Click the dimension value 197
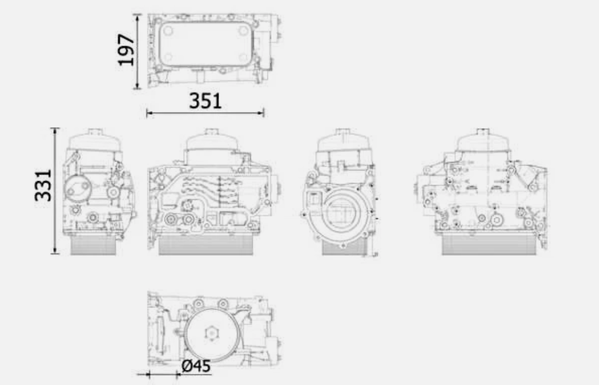pyautogui.click(x=126, y=50)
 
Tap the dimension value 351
pyautogui.click(x=205, y=101)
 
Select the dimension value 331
pyautogui.click(x=43, y=185)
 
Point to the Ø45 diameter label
pyautogui.click(x=196, y=366)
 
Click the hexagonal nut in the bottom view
pyautogui.click(x=210, y=333)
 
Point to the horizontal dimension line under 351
pyautogui.click(x=205, y=113)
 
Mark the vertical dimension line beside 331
pyautogui.click(x=55, y=191)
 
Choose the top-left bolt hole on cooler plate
pyautogui.click(x=168, y=31)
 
